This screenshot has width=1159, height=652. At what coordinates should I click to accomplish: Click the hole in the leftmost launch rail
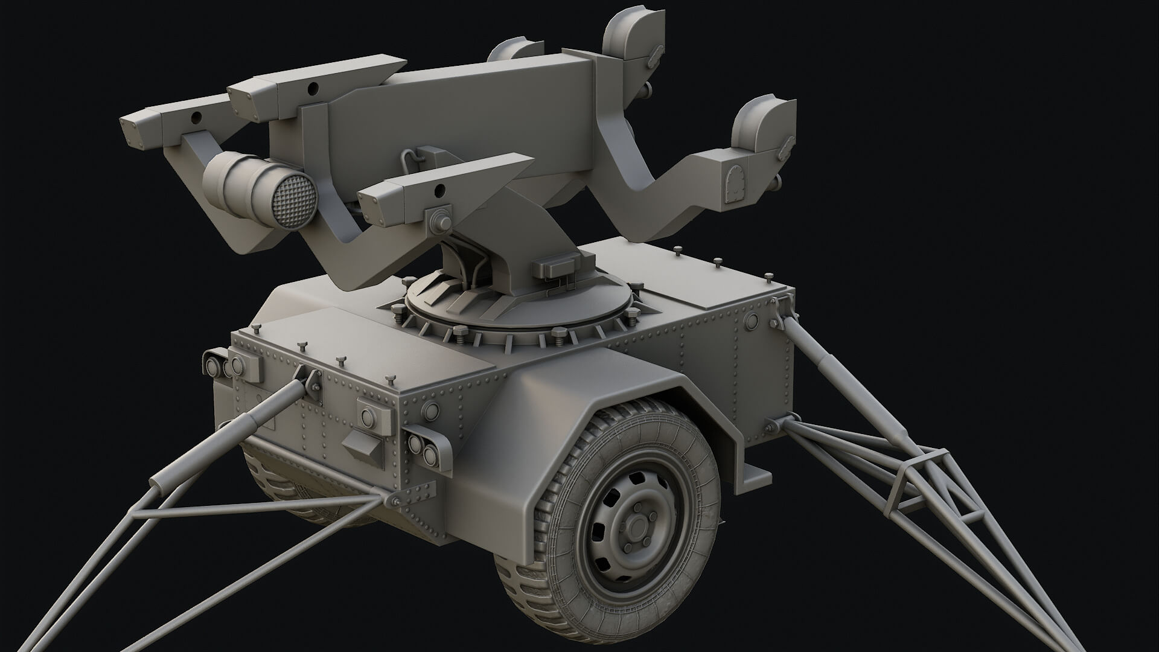195,115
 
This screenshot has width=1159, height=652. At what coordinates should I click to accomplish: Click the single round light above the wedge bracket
369,415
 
